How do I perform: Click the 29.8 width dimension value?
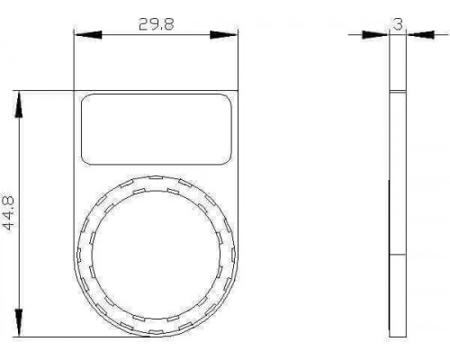coord(157,24)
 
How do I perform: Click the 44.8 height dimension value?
coord(8,213)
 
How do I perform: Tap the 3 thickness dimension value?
coord(398,23)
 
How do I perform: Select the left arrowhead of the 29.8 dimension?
coord(89,34)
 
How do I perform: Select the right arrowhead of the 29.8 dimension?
coord(223,34)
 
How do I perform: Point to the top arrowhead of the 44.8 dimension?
coord(19,104)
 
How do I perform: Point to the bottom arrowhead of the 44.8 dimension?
coord(19,323)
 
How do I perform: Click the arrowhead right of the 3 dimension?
coord(420,34)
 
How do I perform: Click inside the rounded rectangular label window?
coord(157,130)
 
